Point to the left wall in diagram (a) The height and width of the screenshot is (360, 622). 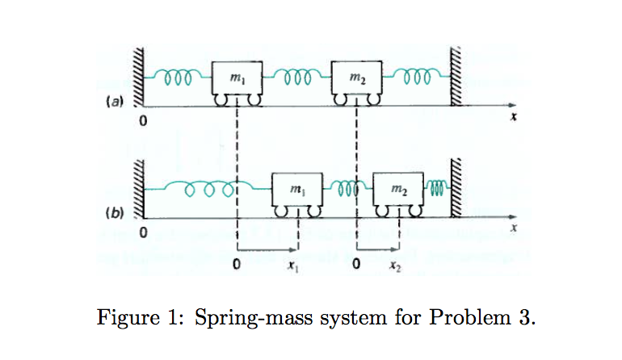pos(138,77)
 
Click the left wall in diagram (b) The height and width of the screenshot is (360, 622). pos(138,189)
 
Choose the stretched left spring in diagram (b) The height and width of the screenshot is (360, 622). pos(208,190)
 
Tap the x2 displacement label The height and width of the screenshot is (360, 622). pos(393,264)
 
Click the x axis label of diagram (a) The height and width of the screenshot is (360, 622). pos(512,118)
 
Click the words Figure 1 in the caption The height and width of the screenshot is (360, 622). pos(137,316)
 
